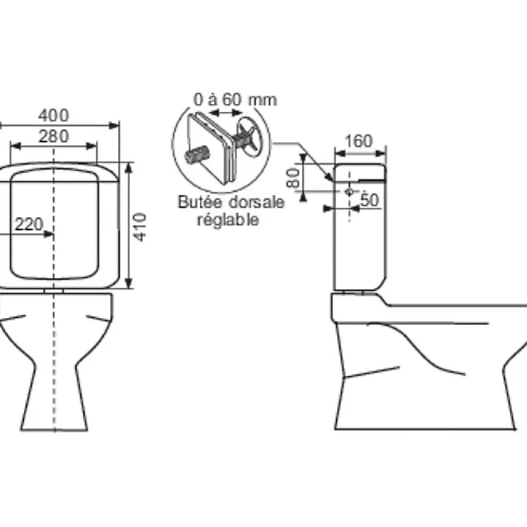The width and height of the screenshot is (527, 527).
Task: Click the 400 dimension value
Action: (53, 115)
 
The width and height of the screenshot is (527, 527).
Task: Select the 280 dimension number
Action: (53, 136)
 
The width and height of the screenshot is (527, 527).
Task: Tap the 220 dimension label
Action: (29, 224)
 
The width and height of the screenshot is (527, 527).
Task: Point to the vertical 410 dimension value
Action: (141, 227)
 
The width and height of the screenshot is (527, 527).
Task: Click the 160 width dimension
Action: (358, 141)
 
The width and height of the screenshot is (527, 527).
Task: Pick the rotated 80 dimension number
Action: (293, 178)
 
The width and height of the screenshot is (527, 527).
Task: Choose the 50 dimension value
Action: (370, 200)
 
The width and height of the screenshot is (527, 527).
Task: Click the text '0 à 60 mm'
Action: (235, 100)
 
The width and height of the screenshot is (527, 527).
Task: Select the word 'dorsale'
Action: (257, 202)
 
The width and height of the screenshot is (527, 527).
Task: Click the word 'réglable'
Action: (228, 220)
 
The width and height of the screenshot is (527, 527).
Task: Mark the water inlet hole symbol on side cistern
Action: (349, 192)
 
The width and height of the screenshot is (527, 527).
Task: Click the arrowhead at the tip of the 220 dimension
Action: (48, 234)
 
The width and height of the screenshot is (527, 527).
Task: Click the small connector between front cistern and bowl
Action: (54, 291)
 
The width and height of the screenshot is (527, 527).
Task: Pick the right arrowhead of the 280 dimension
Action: (92, 146)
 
